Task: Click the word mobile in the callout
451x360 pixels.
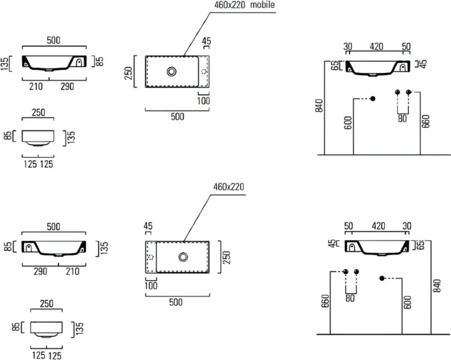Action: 262,5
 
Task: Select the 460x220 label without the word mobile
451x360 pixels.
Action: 229,187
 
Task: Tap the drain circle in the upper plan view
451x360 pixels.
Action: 172,71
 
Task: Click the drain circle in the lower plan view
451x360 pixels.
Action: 183,257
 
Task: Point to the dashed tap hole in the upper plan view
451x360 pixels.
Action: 205,71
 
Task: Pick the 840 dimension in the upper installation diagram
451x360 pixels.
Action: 319,106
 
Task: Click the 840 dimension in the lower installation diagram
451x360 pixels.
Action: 437,286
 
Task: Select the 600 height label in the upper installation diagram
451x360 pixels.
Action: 348,123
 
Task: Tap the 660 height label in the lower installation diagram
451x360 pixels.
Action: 325,301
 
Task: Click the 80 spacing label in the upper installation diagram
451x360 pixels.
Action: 402,118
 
